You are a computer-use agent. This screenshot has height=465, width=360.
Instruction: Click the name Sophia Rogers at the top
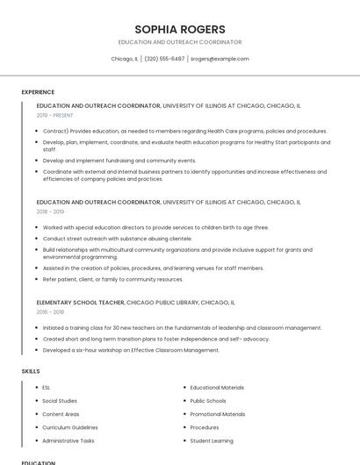[x=179, y=29]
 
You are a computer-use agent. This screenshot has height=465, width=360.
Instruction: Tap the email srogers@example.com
[x=220, y=59]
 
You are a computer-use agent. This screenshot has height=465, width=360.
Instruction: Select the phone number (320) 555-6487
[x=164, y=59]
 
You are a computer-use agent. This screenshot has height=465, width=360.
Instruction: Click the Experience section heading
[x=38, y=92]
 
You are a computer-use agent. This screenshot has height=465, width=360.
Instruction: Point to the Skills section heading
[x=31, y=371]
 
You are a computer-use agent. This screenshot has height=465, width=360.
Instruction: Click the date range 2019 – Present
[x=55, y=115]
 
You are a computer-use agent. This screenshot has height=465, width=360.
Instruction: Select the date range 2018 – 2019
[x=51, y=211]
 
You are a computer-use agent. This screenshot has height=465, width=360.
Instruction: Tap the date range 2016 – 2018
[x=51, y=311]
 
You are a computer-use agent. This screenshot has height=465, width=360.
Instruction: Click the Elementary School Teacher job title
[x=81, y=302]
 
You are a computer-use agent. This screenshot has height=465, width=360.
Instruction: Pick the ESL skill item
[x=47, y=387]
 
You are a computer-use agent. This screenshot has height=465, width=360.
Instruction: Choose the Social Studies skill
[x=60, y=400]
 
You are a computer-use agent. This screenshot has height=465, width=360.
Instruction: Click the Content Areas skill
[x=61, y=414]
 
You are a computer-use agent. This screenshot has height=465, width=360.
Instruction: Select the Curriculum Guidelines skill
[x=70, y=427]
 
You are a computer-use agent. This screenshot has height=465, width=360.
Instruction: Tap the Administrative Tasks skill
[x=68, y=440]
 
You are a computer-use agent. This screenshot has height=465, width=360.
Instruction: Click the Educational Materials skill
[x=217, y=387]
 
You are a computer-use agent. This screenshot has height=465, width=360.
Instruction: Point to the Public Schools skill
[x=208, y=400]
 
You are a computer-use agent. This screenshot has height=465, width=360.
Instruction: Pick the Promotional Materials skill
[x=218, y=414]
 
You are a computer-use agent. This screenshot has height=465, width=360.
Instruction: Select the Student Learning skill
[x=212, y=440]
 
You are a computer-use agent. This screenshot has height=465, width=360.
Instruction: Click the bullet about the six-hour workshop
[x=131, y=350]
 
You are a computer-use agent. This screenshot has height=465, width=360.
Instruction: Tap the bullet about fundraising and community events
[x=119, y=161]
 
